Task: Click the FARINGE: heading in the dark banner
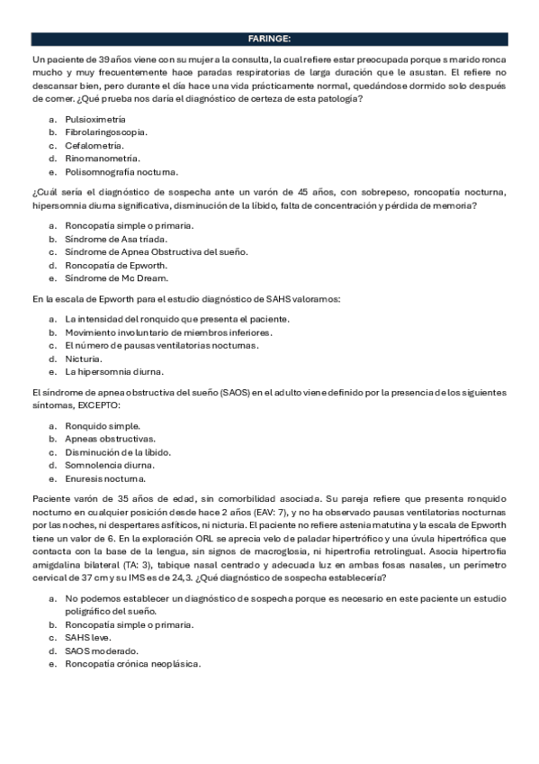[x=269, y=39]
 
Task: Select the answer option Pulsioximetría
[x=94, y=119]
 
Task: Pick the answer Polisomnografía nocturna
[x=121, y=171]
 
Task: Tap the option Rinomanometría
[x=101, y=159]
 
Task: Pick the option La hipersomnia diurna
[x=113, y=371]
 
